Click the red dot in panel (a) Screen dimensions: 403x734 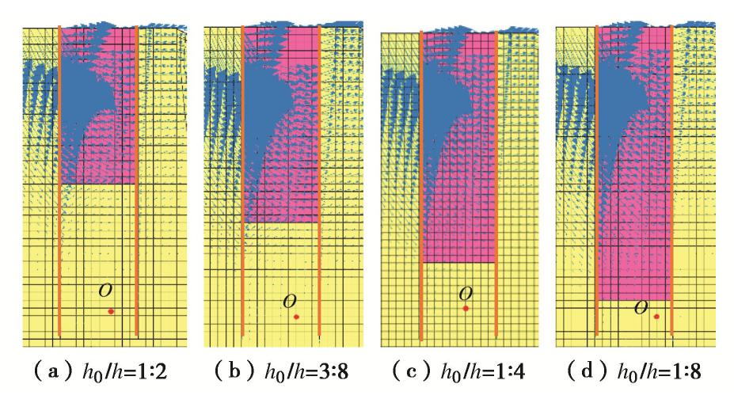pos(111,311)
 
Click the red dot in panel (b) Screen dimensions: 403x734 pos(296,317)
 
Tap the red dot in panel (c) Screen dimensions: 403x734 pos(466,308)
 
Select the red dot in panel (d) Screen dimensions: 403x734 pos(656,317)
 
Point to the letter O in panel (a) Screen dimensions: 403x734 pos(105,290)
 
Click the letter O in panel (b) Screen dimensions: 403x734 pos(291,300)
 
